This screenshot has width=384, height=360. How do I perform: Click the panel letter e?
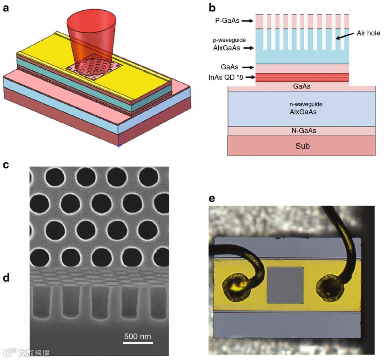coord(212,198)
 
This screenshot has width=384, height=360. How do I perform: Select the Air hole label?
coord(368,33)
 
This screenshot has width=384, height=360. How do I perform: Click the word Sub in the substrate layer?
coord(302,146)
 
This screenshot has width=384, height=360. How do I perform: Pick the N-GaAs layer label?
coord(302,130)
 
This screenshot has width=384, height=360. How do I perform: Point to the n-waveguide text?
coord(302,105)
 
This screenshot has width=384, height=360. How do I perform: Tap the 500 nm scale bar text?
coord(138,336)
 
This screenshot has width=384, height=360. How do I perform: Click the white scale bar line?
coord(138,343)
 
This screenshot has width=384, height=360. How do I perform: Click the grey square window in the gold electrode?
coord(285,286)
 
